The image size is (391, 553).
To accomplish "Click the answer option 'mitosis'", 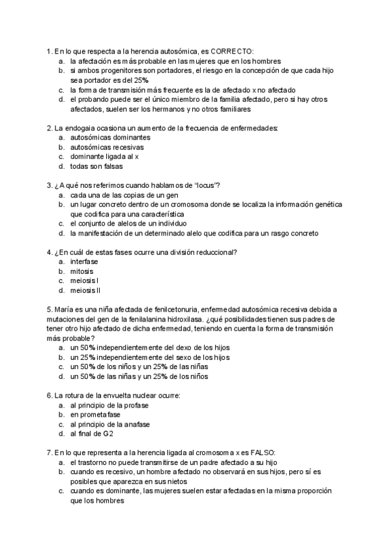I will [82, 271].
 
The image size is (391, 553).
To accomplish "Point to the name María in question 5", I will [63, 309].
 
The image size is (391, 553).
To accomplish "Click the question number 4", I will [50, 252].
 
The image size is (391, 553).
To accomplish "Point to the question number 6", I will [50, 395].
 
